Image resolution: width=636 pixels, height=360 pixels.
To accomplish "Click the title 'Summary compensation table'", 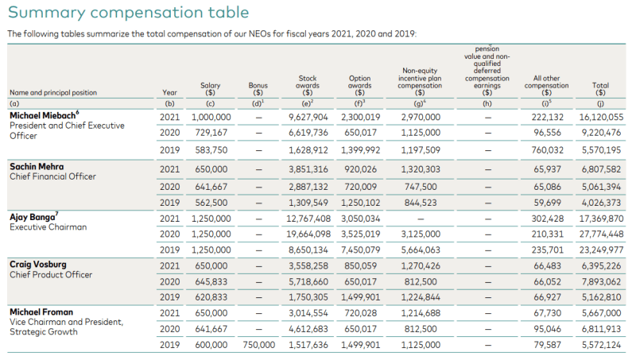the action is click(x=128, y=13).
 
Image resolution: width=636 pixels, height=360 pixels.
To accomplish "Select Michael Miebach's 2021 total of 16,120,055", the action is click(x=601, y=117).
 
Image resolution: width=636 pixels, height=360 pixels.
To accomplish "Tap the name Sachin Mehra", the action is click(x=37, y=167).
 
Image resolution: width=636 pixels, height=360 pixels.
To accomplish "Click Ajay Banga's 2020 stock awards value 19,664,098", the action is click(x=308, y=234).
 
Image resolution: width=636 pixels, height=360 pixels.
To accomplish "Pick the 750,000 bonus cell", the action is click(x=259, y=345).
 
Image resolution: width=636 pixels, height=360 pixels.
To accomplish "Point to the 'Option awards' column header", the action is click(x=360, y=86).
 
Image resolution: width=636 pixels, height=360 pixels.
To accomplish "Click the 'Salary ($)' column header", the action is click(x=210, y=89).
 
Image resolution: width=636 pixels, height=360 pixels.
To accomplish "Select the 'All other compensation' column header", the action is click(x=546, y=86).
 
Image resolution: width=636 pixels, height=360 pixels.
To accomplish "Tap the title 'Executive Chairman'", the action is click(x=48, y=227).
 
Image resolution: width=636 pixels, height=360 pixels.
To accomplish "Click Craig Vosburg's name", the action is click(x=38, y=265).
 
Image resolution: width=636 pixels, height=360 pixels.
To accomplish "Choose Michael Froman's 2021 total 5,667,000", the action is click(x=601, y=313).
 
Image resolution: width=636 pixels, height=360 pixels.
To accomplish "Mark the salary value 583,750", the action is click(x=211, y=150).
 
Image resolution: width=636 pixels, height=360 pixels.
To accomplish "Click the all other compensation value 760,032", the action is click(x=548, y=150).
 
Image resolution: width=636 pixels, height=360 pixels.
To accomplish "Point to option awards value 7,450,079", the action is click(x=361, y=250).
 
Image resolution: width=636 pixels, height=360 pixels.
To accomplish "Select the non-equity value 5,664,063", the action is click(x=421, y=250).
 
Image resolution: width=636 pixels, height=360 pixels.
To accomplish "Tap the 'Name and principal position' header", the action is click(x=53, y=92).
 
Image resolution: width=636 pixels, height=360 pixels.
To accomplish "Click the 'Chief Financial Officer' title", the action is click(x=52, y=176).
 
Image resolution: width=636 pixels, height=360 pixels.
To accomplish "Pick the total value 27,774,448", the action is click(x=601, y=234).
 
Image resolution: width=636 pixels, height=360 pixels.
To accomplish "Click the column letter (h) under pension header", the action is click(x=487, y=104).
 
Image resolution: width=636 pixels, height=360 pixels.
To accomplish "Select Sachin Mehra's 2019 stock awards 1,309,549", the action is click(x=308, y=203).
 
